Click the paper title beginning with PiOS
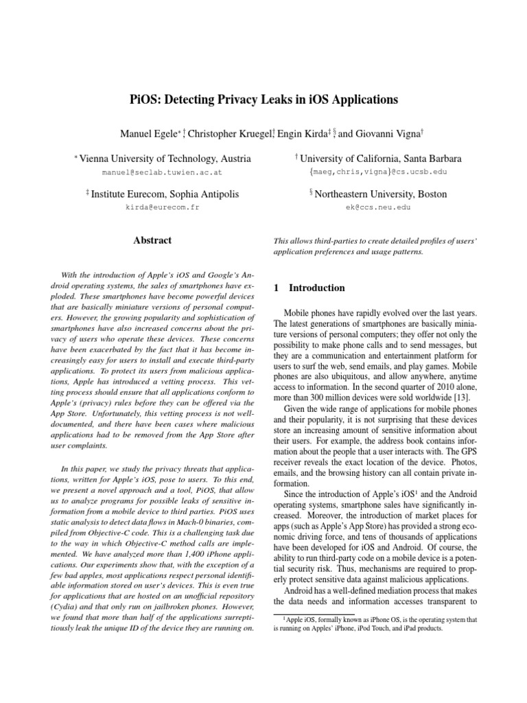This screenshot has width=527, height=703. (x=263, y=100)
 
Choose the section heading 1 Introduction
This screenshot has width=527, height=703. (x=299, y=288)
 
